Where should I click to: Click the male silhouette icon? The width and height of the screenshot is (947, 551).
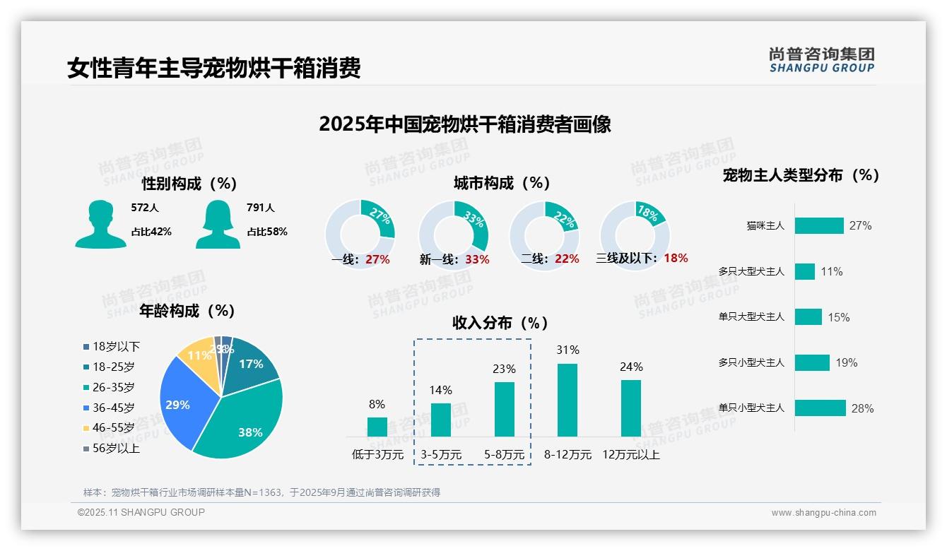(x=100, y=224)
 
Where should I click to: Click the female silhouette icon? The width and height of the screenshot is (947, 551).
(x=218, y=224)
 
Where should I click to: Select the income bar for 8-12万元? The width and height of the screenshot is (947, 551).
(x=567, y=400)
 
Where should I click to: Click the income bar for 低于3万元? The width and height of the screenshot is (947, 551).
(x=377, y=427)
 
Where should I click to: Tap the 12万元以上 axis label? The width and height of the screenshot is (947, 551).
(x=630, y=455)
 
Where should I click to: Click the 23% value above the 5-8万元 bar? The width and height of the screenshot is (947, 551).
(x=505, y=369)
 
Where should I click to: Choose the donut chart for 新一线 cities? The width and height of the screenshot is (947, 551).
(x=454, y=235)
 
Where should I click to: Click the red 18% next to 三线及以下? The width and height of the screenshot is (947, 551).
(x=676, y=258)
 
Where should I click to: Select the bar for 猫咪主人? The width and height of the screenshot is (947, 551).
(x=819, y=225)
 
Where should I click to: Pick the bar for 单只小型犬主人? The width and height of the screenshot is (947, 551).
(x=820, y=408)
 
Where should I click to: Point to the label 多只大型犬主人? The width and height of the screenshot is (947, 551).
(x=751, y=271)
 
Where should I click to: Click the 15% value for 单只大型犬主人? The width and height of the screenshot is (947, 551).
(x=839, y=317)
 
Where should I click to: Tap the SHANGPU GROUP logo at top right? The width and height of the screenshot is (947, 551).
(x=821, y=59)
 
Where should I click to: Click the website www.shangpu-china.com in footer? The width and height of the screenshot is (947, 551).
(x=823, y=513)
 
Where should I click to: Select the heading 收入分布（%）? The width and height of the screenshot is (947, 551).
(x=500, y=323)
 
